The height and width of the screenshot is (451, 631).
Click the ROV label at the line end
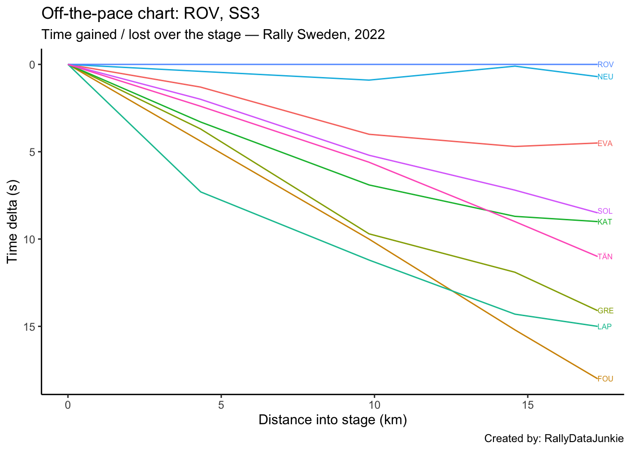pos(605,65)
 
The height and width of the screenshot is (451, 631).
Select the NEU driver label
pos(605,77)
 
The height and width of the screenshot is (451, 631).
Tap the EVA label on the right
pos(605,144)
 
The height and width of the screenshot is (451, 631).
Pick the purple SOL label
pos(605,211)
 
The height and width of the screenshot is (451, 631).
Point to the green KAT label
pos(605,222)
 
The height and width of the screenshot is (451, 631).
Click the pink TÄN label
pos(605,257)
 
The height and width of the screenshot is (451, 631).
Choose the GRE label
pos(605,311)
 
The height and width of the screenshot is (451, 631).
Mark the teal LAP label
pos(604,327)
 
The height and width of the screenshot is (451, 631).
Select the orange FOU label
pos(605,379)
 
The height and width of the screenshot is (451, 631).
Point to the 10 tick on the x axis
pos(374,405)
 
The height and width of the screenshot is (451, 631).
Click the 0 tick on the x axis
pos(68,405)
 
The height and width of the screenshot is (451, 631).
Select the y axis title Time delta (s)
pos(13,222)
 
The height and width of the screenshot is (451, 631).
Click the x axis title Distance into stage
pos(332,420)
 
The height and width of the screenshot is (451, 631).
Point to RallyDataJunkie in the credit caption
pos(584,439)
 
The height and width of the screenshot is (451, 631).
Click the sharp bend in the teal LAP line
pos(200,192)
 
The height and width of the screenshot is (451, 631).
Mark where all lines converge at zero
pos(69,64)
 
